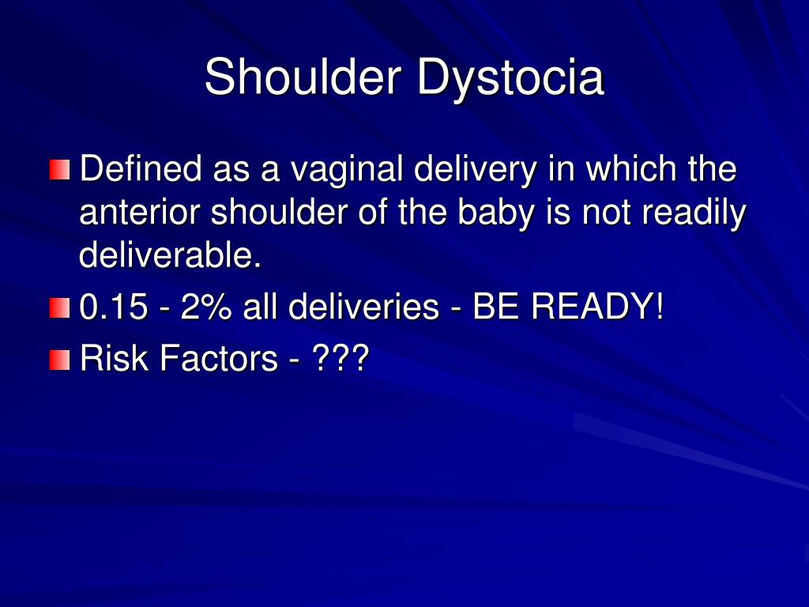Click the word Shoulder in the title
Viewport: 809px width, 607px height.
coord(303,77)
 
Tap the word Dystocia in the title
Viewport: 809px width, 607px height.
coord(510,78)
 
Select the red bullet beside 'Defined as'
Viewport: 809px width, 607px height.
coord(60,170)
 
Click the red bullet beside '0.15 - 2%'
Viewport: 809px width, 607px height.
coord(60,307)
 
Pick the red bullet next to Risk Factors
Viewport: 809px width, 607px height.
coord(60,360)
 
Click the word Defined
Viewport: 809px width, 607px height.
coord(141,168)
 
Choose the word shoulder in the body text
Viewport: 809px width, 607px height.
coord(279,212)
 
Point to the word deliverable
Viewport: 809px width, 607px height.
coord(171,254)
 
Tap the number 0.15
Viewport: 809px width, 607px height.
coord(114,307)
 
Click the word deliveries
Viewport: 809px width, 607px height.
coord(363,307)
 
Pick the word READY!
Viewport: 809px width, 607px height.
coord(597,307)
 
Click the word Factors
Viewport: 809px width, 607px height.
coord(219,358)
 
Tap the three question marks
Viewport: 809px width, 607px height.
coord(341,357)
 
